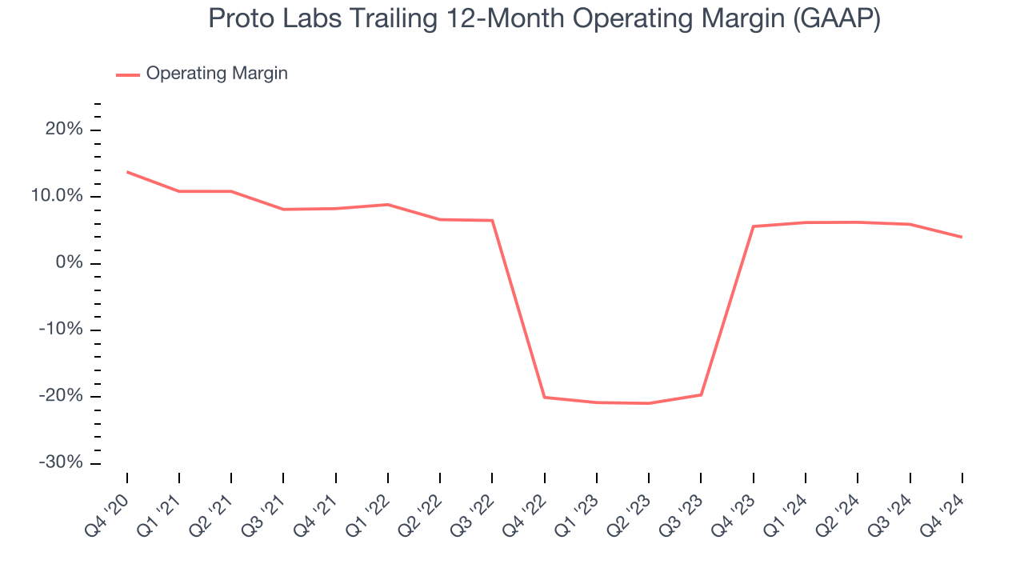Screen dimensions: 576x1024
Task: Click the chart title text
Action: point(544,18)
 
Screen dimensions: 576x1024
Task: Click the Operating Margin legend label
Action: point(217,74)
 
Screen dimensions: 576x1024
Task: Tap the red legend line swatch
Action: point(128,74)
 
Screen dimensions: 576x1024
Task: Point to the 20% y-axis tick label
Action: point(65,130)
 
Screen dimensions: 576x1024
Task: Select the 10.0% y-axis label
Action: point(58,196)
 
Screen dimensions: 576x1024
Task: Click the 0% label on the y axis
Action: point(70,263)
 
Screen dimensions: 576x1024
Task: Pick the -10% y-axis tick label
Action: point(62,330)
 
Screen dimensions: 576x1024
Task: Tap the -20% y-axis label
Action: point(62,396)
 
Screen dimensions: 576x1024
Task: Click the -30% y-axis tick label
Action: point(62,462)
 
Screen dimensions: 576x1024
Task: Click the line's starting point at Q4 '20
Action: point(127,172)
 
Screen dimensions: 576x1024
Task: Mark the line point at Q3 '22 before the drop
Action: point(492,221)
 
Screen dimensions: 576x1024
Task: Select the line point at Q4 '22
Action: point(544,397)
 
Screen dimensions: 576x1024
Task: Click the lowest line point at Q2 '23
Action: point(649,403)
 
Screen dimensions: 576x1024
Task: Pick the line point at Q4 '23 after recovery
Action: point(753,226)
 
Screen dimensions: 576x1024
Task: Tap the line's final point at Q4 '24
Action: point(962,237)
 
